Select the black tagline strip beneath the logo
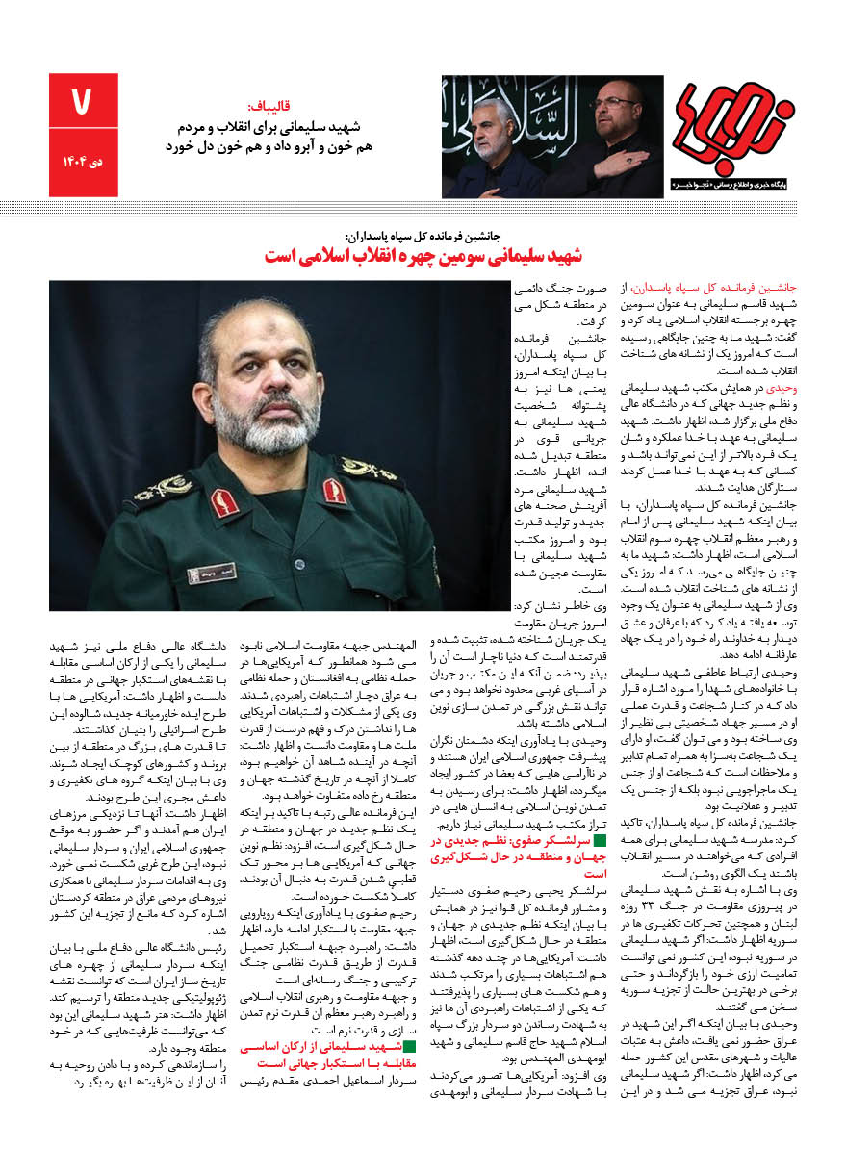pos(733,182)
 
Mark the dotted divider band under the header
pos(423,208)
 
